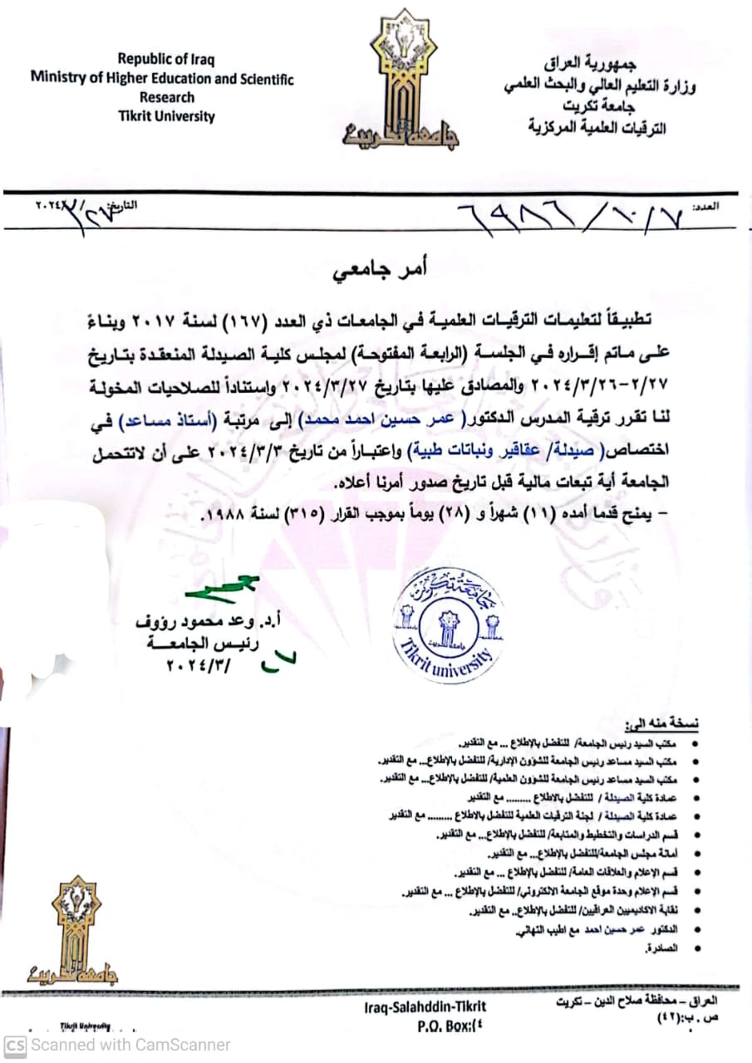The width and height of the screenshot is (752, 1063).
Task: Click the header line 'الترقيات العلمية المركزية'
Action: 597,127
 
